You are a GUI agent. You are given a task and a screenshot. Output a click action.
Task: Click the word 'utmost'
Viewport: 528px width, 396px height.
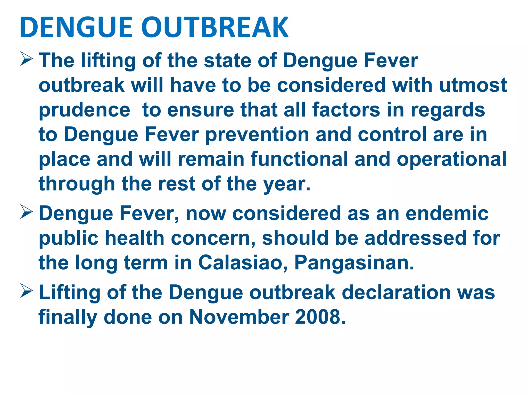[x=473, y=85]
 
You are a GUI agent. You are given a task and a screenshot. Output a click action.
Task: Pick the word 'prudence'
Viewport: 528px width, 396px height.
[x=85, y=110]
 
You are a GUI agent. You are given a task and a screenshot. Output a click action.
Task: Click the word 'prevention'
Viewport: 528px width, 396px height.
[x=257, y=135]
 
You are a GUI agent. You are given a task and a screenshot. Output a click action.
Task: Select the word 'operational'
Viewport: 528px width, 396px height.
[x=451, y=160]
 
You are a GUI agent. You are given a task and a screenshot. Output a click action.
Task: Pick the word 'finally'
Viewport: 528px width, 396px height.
[x=68, y=317]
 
